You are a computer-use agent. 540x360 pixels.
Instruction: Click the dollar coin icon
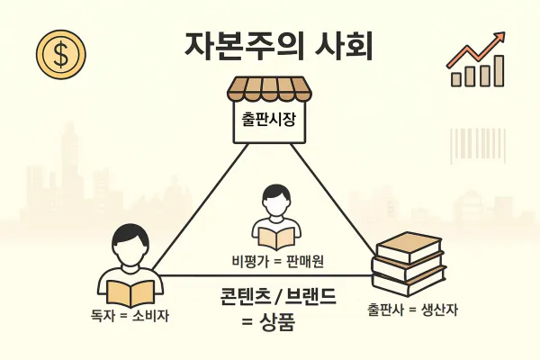(x=60, y=55)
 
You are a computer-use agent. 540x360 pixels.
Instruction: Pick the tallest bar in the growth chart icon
(x=497, y=69)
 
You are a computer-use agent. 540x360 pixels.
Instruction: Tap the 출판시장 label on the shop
(x=269, y=121)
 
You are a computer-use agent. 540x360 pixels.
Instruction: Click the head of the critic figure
(x=272, y=200)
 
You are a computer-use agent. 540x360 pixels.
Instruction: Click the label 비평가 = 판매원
(x=271, y=261)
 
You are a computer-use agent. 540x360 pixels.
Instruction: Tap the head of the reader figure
(x=130, y=243)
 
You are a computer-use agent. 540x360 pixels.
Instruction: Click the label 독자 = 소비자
(x=130, y=316)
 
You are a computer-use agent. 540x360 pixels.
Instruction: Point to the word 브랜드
(x=312, y=297)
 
